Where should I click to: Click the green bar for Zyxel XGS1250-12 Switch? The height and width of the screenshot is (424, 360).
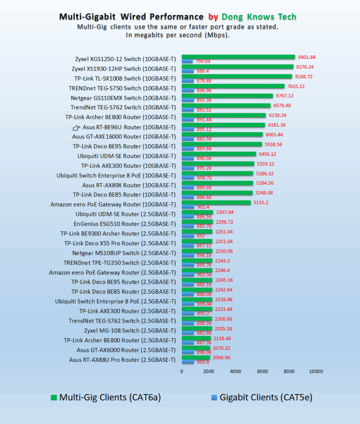[238, 57]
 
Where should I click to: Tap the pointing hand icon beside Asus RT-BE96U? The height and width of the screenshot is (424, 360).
[77, 127]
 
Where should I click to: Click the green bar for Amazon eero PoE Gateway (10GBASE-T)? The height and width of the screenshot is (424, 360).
[216, 203]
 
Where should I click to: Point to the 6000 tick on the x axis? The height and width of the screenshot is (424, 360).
[262, 371]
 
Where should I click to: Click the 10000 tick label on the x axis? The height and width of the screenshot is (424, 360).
[315, 371]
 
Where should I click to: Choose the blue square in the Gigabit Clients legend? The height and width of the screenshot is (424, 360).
[214, 398]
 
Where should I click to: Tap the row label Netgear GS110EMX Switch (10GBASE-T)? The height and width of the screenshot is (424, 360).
[123, 98]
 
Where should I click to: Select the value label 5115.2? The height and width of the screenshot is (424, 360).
[261, 203]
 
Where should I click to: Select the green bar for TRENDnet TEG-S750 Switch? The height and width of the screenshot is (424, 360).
[233, 86]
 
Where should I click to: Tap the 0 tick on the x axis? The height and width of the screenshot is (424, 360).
[182, 371]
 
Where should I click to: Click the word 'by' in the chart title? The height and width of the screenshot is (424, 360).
[213, 17]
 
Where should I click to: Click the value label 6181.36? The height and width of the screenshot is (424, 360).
[277, 125]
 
